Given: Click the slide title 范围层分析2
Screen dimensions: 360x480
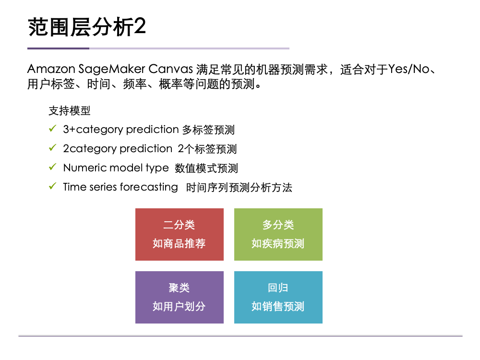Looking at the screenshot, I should [87, 27].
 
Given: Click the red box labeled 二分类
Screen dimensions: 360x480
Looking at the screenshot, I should [179, 234].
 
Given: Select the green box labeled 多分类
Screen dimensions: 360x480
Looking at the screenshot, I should [278, 234].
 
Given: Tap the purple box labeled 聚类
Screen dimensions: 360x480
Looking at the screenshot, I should [179, 297].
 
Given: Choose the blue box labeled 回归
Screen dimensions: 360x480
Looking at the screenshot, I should [278, 297].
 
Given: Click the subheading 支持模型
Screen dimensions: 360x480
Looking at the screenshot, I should [69, 111].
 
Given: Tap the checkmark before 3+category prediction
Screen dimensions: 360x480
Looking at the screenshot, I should [53, 129].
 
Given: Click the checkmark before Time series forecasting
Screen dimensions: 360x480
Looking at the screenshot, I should [53, 187].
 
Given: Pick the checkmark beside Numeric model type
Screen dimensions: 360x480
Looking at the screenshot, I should [53, 168].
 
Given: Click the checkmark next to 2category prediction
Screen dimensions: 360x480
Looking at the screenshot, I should [53, 148].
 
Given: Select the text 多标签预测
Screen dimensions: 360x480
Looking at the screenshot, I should [208, 130].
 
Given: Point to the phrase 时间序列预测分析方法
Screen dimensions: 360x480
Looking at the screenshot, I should [239, 188].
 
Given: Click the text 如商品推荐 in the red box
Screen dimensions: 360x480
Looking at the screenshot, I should [179, 244].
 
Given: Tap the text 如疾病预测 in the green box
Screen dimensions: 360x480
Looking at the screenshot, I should [278, 244].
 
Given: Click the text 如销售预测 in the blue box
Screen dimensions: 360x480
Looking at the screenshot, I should [278, 307].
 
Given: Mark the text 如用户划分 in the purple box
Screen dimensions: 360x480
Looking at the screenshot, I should [179, 307].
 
